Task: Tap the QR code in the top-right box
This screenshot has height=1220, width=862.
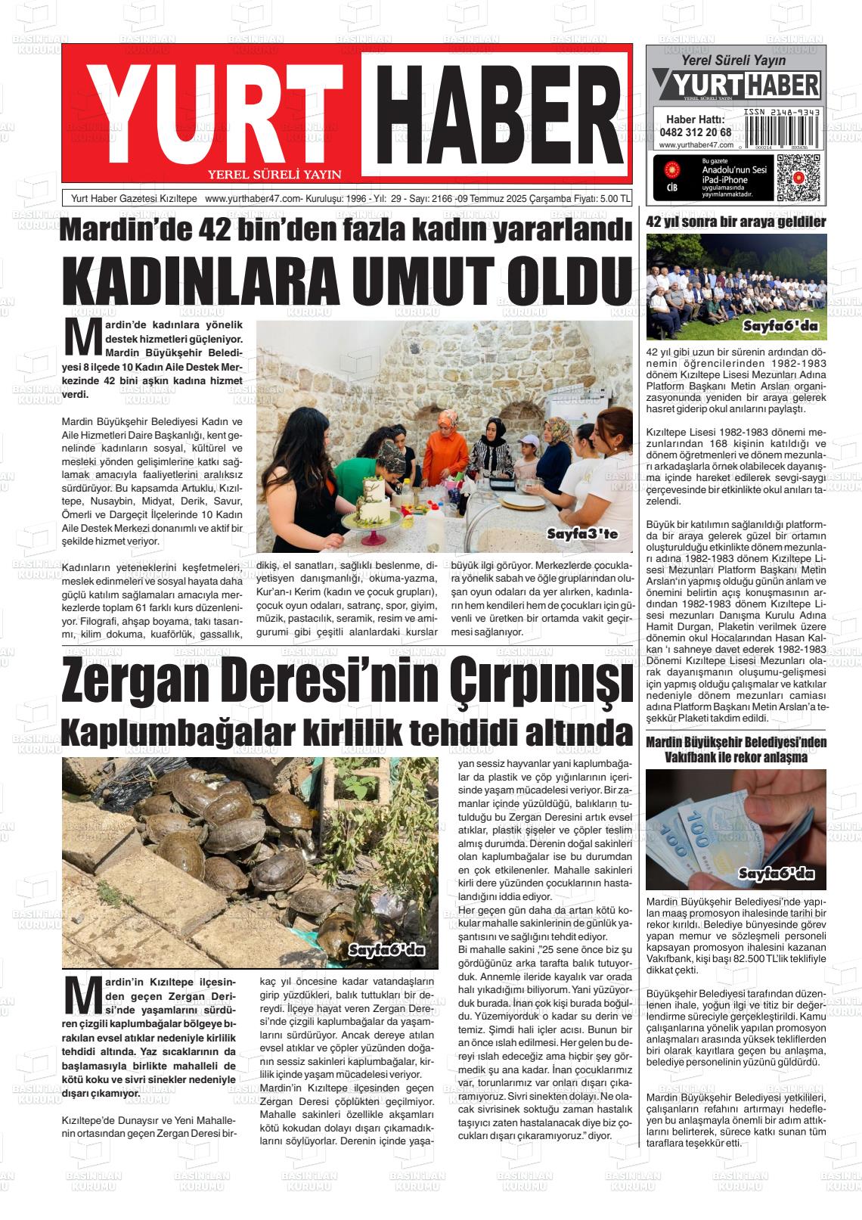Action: (797, 177)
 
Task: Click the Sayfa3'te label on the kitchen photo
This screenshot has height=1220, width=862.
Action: (582, 535)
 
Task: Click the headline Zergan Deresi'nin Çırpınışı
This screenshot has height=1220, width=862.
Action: (347, 683)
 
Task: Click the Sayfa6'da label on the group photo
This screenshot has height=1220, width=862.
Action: (780, 327)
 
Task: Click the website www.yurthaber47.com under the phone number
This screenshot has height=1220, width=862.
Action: (696, 145)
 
